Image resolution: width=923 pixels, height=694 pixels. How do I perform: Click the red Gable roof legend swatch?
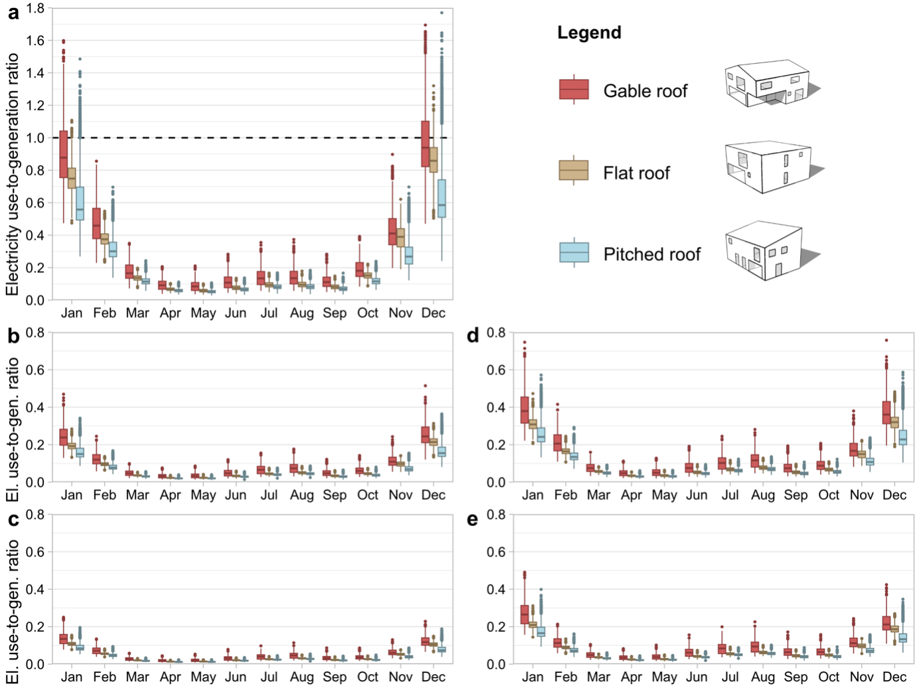point(574,90)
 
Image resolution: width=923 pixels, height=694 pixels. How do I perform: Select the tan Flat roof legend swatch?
point(574,171)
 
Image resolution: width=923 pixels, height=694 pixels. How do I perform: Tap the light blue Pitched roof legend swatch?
point(574,253)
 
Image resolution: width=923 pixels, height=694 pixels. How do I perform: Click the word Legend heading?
point(589,33)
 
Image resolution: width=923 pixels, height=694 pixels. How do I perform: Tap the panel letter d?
point(473,335)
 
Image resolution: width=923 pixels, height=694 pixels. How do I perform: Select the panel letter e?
point(473,519)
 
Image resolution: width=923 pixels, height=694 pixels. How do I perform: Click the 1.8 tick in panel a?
point(36,9)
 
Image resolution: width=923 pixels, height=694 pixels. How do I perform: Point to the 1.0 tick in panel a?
point(36,138)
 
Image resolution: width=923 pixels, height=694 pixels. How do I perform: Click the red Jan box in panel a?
point(64,154)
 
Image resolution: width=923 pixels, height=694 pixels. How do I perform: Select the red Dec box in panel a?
point(426,143)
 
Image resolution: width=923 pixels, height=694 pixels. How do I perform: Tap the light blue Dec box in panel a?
point(442,198)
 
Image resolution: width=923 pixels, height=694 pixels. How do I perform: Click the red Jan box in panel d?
point(525,409)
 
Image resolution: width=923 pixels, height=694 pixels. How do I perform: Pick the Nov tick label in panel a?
point(400,313)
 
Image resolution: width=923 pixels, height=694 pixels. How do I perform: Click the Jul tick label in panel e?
point(730,677)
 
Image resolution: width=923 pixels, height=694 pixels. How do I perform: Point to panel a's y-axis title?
point(13,175)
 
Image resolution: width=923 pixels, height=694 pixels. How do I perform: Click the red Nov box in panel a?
point(392,231)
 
